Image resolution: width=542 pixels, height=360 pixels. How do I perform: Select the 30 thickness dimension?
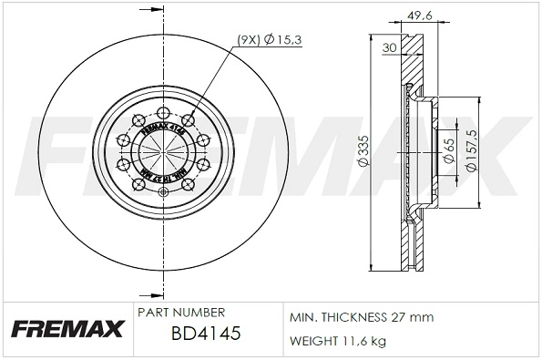389,47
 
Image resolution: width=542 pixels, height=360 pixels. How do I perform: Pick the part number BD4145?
205,334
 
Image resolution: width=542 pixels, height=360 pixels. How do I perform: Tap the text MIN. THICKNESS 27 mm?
361,317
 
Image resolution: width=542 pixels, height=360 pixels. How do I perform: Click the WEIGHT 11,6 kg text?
337,341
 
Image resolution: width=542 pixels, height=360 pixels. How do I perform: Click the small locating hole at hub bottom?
163,190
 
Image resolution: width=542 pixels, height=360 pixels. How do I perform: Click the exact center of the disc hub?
163,151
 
